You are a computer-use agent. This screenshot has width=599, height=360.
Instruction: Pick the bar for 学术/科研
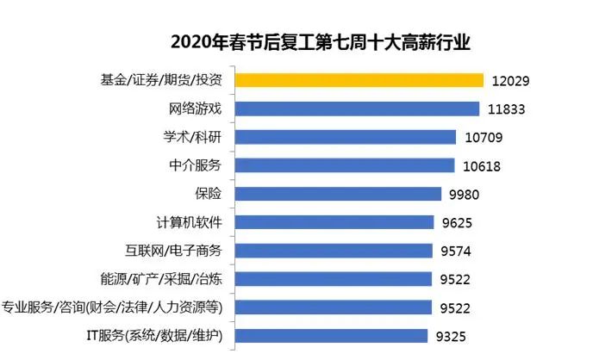pos(346,137)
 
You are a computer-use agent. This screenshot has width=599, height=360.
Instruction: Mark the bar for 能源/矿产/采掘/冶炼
pos(333,279)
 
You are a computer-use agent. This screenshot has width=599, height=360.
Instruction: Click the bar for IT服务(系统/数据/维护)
pos(331,336)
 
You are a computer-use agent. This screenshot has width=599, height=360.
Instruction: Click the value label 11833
pos(508,109)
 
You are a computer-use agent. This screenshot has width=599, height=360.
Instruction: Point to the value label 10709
pos(484,138)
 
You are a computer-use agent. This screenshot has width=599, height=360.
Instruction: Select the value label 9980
pos(461,195)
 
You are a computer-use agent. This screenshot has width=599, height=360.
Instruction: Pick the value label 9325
pos(450,337)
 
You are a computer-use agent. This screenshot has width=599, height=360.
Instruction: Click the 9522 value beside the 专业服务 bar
pos(454,308)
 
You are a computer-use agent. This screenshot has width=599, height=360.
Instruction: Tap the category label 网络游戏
pos(196,109)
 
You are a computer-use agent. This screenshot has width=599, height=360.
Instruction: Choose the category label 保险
pos(209,194)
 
